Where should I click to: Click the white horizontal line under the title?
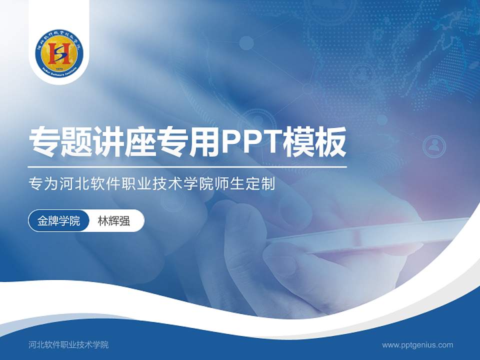[x=187, y=166]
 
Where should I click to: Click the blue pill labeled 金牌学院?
[x=58, y=221]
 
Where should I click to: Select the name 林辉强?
[x=114, y=221]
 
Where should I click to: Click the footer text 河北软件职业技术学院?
[x=68, y=344]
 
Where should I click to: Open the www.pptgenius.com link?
[x=417, y=344]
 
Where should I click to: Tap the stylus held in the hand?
[x=365, y=235]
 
